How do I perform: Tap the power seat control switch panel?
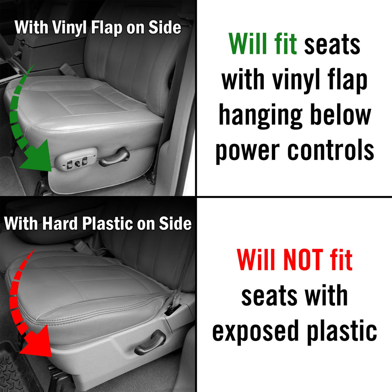pos(76,159)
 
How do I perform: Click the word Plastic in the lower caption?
pos(108,223)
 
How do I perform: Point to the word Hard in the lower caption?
pos(60,223)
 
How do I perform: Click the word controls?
pos(331,150)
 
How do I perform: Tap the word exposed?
pos(256,332)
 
